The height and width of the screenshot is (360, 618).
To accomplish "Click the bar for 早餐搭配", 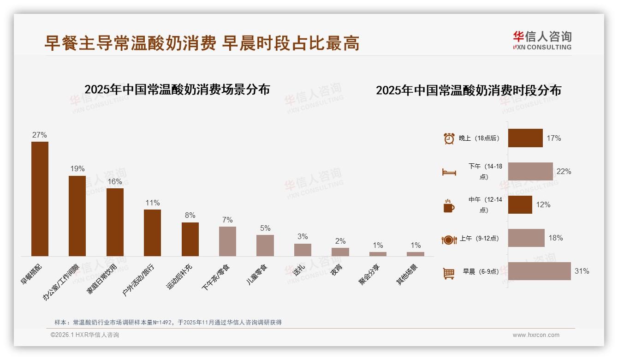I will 40,199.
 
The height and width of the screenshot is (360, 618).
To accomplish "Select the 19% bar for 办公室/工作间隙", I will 77,216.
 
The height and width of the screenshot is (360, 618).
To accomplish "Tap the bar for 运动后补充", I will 190,239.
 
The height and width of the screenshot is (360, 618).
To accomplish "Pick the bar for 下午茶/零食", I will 227,241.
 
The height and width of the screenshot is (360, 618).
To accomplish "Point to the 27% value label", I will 40,135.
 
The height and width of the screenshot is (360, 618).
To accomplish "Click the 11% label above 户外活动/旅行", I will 153,203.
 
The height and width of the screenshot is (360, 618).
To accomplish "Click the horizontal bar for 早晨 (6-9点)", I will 539,271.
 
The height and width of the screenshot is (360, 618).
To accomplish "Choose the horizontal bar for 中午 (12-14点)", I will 520,205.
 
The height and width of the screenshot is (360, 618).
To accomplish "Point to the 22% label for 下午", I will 564,172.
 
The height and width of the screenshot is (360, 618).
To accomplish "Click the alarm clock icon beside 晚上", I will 449,138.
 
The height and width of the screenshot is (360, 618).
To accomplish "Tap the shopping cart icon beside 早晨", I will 449,273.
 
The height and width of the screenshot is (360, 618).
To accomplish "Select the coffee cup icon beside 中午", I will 449,206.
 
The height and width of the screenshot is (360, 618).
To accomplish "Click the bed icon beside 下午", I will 449,172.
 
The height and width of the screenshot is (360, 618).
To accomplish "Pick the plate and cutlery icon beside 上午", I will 449,240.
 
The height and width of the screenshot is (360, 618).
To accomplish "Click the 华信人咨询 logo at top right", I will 542,40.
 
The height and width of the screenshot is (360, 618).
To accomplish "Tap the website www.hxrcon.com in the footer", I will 536,335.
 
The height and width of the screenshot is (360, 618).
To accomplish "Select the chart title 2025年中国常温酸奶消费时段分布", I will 468,90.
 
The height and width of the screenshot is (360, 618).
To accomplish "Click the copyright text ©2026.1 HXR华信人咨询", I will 85,335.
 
